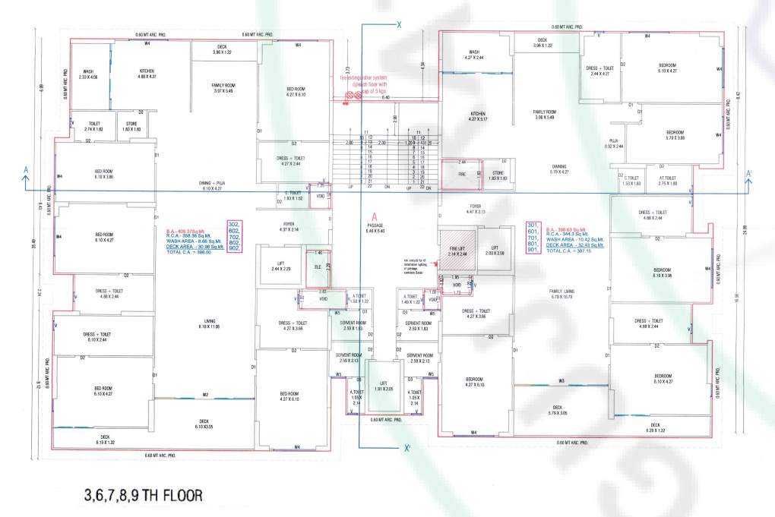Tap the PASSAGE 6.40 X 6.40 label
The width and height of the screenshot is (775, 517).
click(375, 228)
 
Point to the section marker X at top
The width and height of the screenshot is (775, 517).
click(397, 24)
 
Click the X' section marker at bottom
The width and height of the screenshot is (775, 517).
click(408, 448)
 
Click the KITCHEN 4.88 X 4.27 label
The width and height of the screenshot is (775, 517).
click(147, 74)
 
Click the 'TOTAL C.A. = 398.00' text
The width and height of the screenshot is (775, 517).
click(188, 252)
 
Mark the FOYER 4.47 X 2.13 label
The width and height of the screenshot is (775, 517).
click(476, 208)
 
